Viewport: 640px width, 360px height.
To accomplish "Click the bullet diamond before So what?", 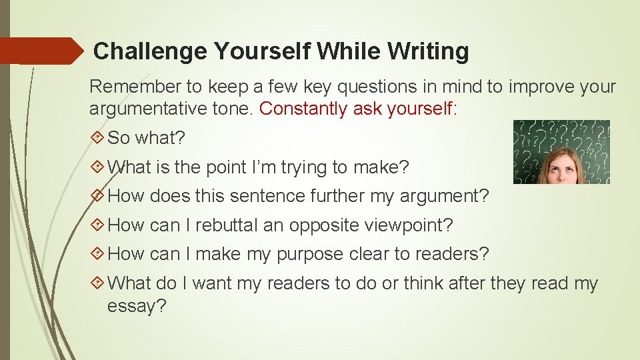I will [97, 138].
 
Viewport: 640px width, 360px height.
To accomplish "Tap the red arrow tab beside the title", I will [40, 51].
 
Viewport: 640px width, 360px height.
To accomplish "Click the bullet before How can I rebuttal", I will [97, 225].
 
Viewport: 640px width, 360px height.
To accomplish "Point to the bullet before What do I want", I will [97, 283].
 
